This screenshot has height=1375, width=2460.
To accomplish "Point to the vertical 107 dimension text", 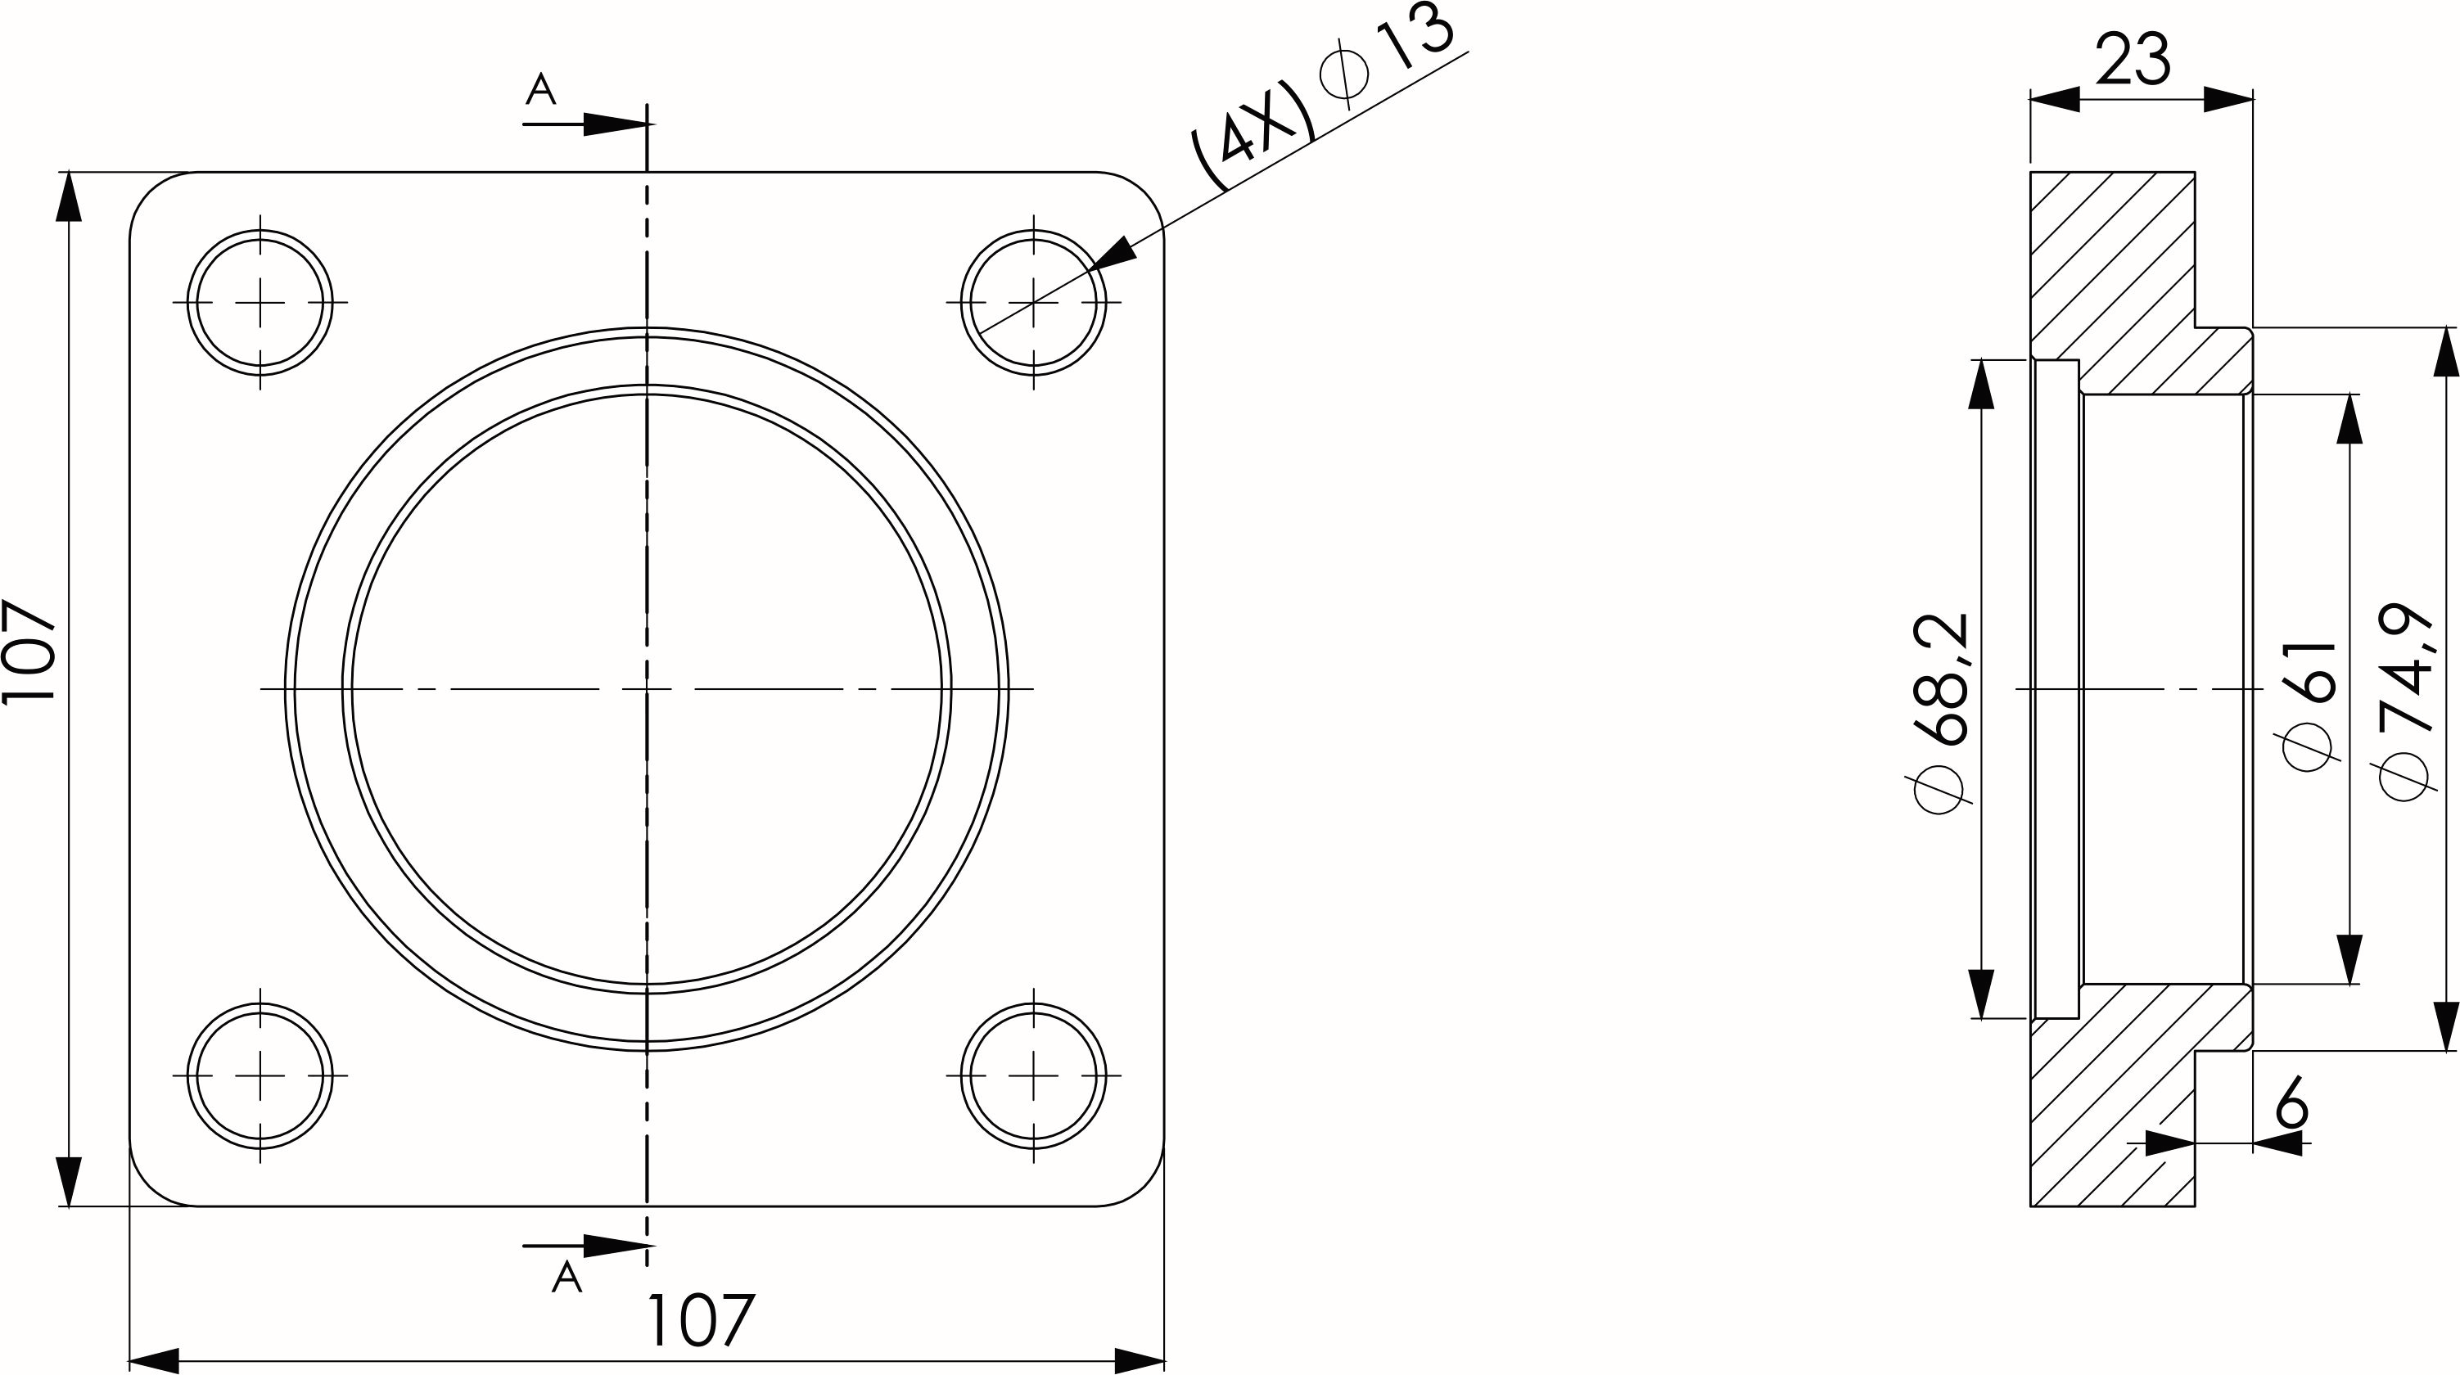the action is pos(29,652).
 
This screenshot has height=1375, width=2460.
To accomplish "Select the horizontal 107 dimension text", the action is pos(701,1321).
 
